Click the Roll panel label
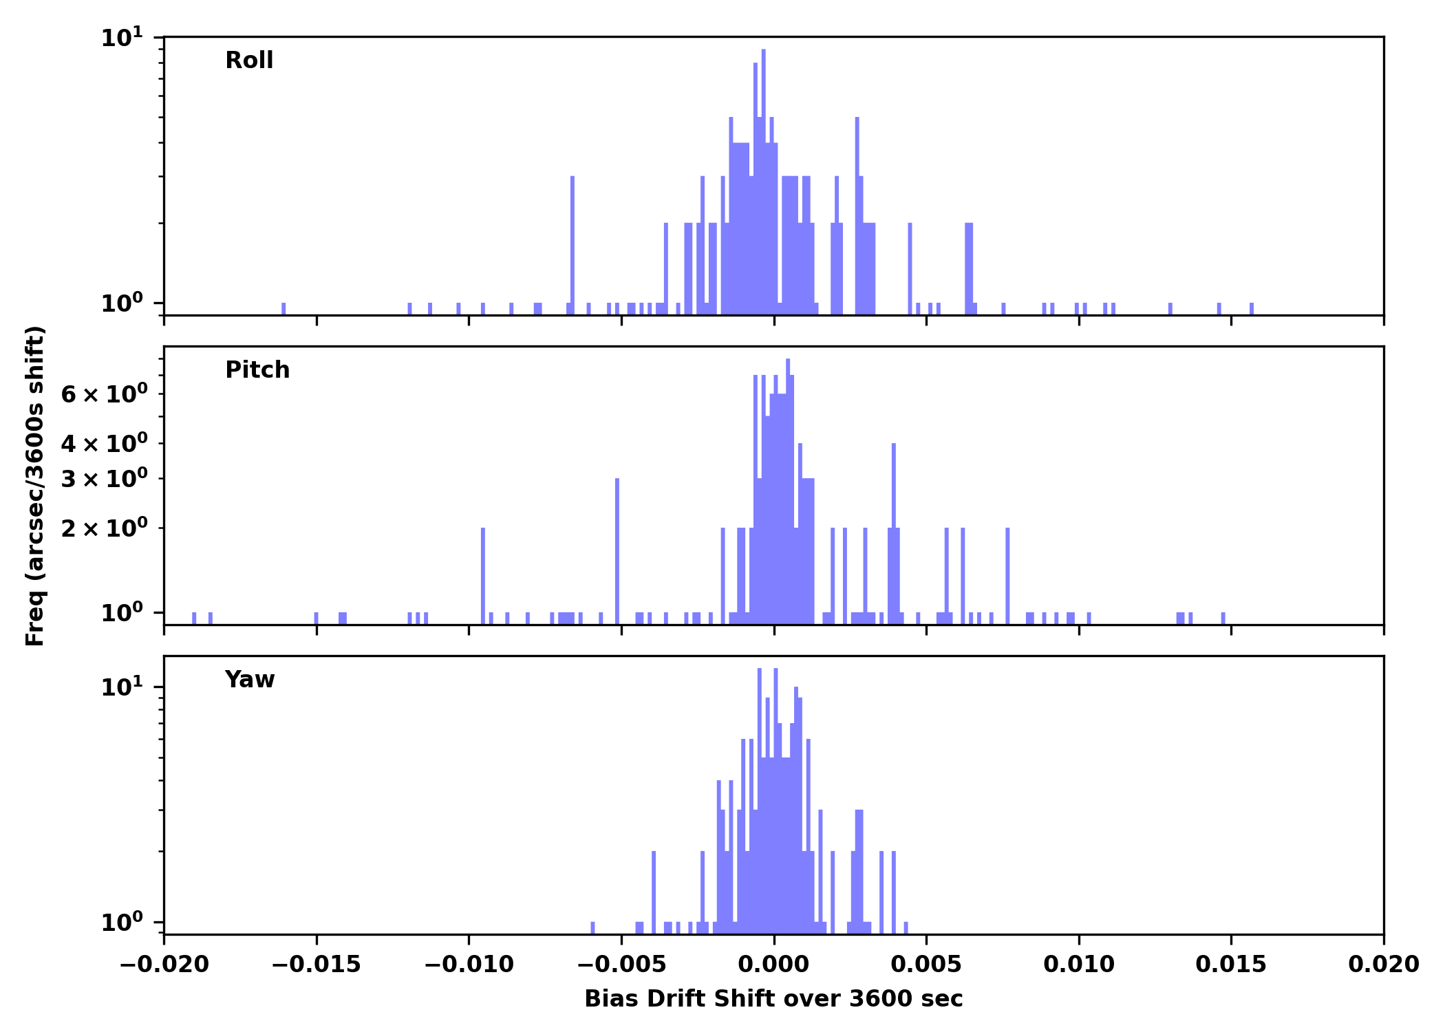tap(249, 61)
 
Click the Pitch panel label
tap(257, 370)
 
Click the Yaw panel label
tap(250, 680)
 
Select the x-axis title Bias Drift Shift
tap(773, 999)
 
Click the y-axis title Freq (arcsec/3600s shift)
tap(35, 486)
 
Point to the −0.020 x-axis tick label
tap(164, 965)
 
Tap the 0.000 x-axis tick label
tap(773, 965)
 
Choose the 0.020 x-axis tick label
tap(1383, 965)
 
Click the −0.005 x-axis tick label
tap(621, 965)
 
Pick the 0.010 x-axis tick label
tap(1078, 965)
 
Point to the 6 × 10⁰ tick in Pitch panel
tap(104, 395)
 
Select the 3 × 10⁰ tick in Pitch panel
tap(104, 479)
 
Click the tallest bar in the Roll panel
tap(764, 179)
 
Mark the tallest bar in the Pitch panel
tap(788, 488)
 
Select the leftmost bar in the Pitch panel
tap(194, 618)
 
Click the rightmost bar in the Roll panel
tap(1251, 308)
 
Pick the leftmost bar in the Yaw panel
tap(592, 927)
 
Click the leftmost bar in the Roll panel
tap(283, 308)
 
